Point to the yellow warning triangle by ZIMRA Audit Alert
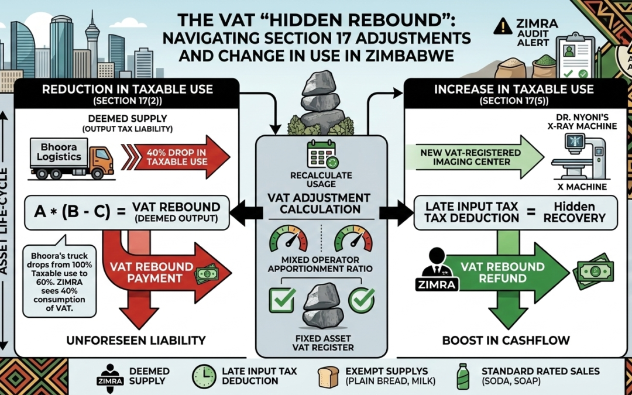point(502,25)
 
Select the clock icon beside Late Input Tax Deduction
point(203,376)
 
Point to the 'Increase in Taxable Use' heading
point(514,90)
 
